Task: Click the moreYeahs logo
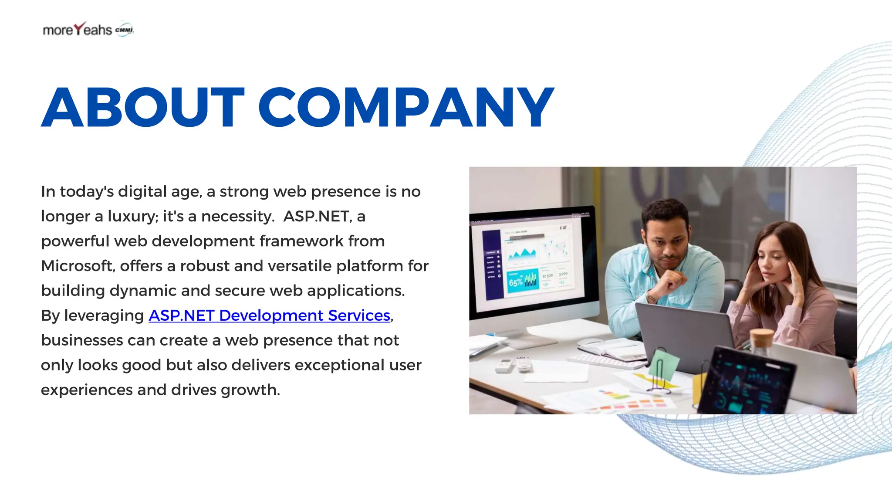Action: coord(78,30)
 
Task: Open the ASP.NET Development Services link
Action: coord(269,315)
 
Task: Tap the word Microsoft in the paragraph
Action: coord(77,266)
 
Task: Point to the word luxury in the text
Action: coord(132,216)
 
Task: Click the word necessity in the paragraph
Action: coord(237,216)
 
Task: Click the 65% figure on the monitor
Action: coord(516,282)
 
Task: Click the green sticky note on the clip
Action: coord(664,363)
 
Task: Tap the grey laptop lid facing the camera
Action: coord(684,336)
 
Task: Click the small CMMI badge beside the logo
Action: coord(125,30)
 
